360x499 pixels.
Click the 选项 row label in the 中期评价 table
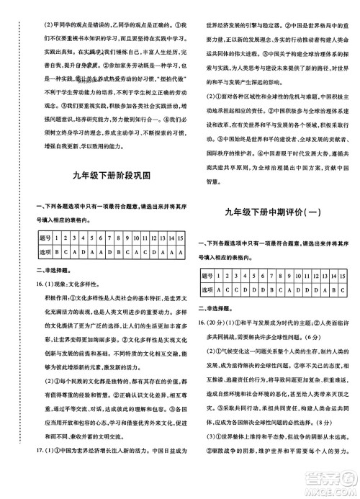pos(209,289)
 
